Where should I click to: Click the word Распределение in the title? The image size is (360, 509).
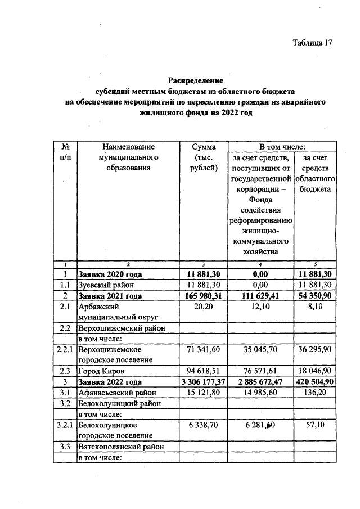pos(196,80)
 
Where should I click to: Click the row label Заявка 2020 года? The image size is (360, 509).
pos(110,274)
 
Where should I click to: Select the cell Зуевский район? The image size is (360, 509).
pos(103,285)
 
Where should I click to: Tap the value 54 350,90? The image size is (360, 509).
pos(316,296)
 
